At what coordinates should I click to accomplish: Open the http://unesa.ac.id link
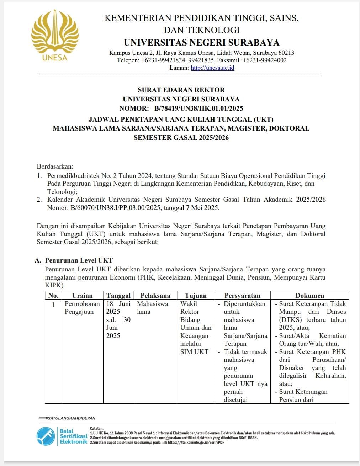pyautogui.click(x=212, y=68)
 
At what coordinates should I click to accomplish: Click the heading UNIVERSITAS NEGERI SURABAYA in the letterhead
pyautogui.click(x=201, y=42)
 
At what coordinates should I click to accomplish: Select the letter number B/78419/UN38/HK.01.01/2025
pyautogui.click(x=198, y=108)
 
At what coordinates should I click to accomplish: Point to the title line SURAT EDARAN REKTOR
pyautogui.click(x=181, y=90)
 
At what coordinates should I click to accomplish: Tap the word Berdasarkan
pyautogui.click(x=55, y=166)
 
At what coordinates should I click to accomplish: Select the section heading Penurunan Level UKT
pyautogui.click(x=79, y=260)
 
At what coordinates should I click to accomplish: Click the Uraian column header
pyautogui.click(x=82, y=295)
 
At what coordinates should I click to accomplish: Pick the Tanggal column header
pyautogui.click(x=118, y=295)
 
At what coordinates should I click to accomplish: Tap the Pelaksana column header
pyautogui.click(x=155, y=295)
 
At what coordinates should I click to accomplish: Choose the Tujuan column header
pyautogui.click(x=196, y=295)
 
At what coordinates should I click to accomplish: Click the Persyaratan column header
pyautogui.click(x=242, y=295)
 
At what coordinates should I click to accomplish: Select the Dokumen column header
pyautogui.click(x=309, y=295)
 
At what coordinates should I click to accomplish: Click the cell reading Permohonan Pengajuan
pyautogui.click(x=82, y=308)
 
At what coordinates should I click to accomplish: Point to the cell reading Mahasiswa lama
pyautogui.click(x=152, y=308)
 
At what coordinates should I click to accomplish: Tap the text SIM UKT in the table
pyautogui.click(x=194, y=351)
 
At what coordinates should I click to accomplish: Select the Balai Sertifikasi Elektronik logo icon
pyautogui.click(x=46, y=436)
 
